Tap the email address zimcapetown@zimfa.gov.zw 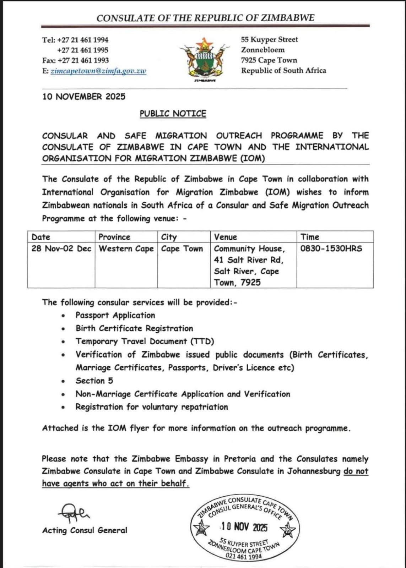tap(98, 71)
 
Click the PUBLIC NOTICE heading tap(173, 114)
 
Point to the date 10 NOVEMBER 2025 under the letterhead tap(84, 97)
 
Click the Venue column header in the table tap(225, 237)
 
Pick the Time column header tap(310, 237)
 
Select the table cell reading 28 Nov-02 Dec tap(61, 248)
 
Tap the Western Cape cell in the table tap(126, 248)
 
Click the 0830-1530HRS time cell tap(331, 248)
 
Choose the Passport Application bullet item tap(115, 315)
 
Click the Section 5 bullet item tap(94, 381)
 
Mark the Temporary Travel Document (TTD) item tap(145, 341)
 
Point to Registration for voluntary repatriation tap(152, 407)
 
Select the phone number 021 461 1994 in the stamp tap(244, 556)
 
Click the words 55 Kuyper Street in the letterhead tap(269, 39)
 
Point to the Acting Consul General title tap(85, 530)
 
